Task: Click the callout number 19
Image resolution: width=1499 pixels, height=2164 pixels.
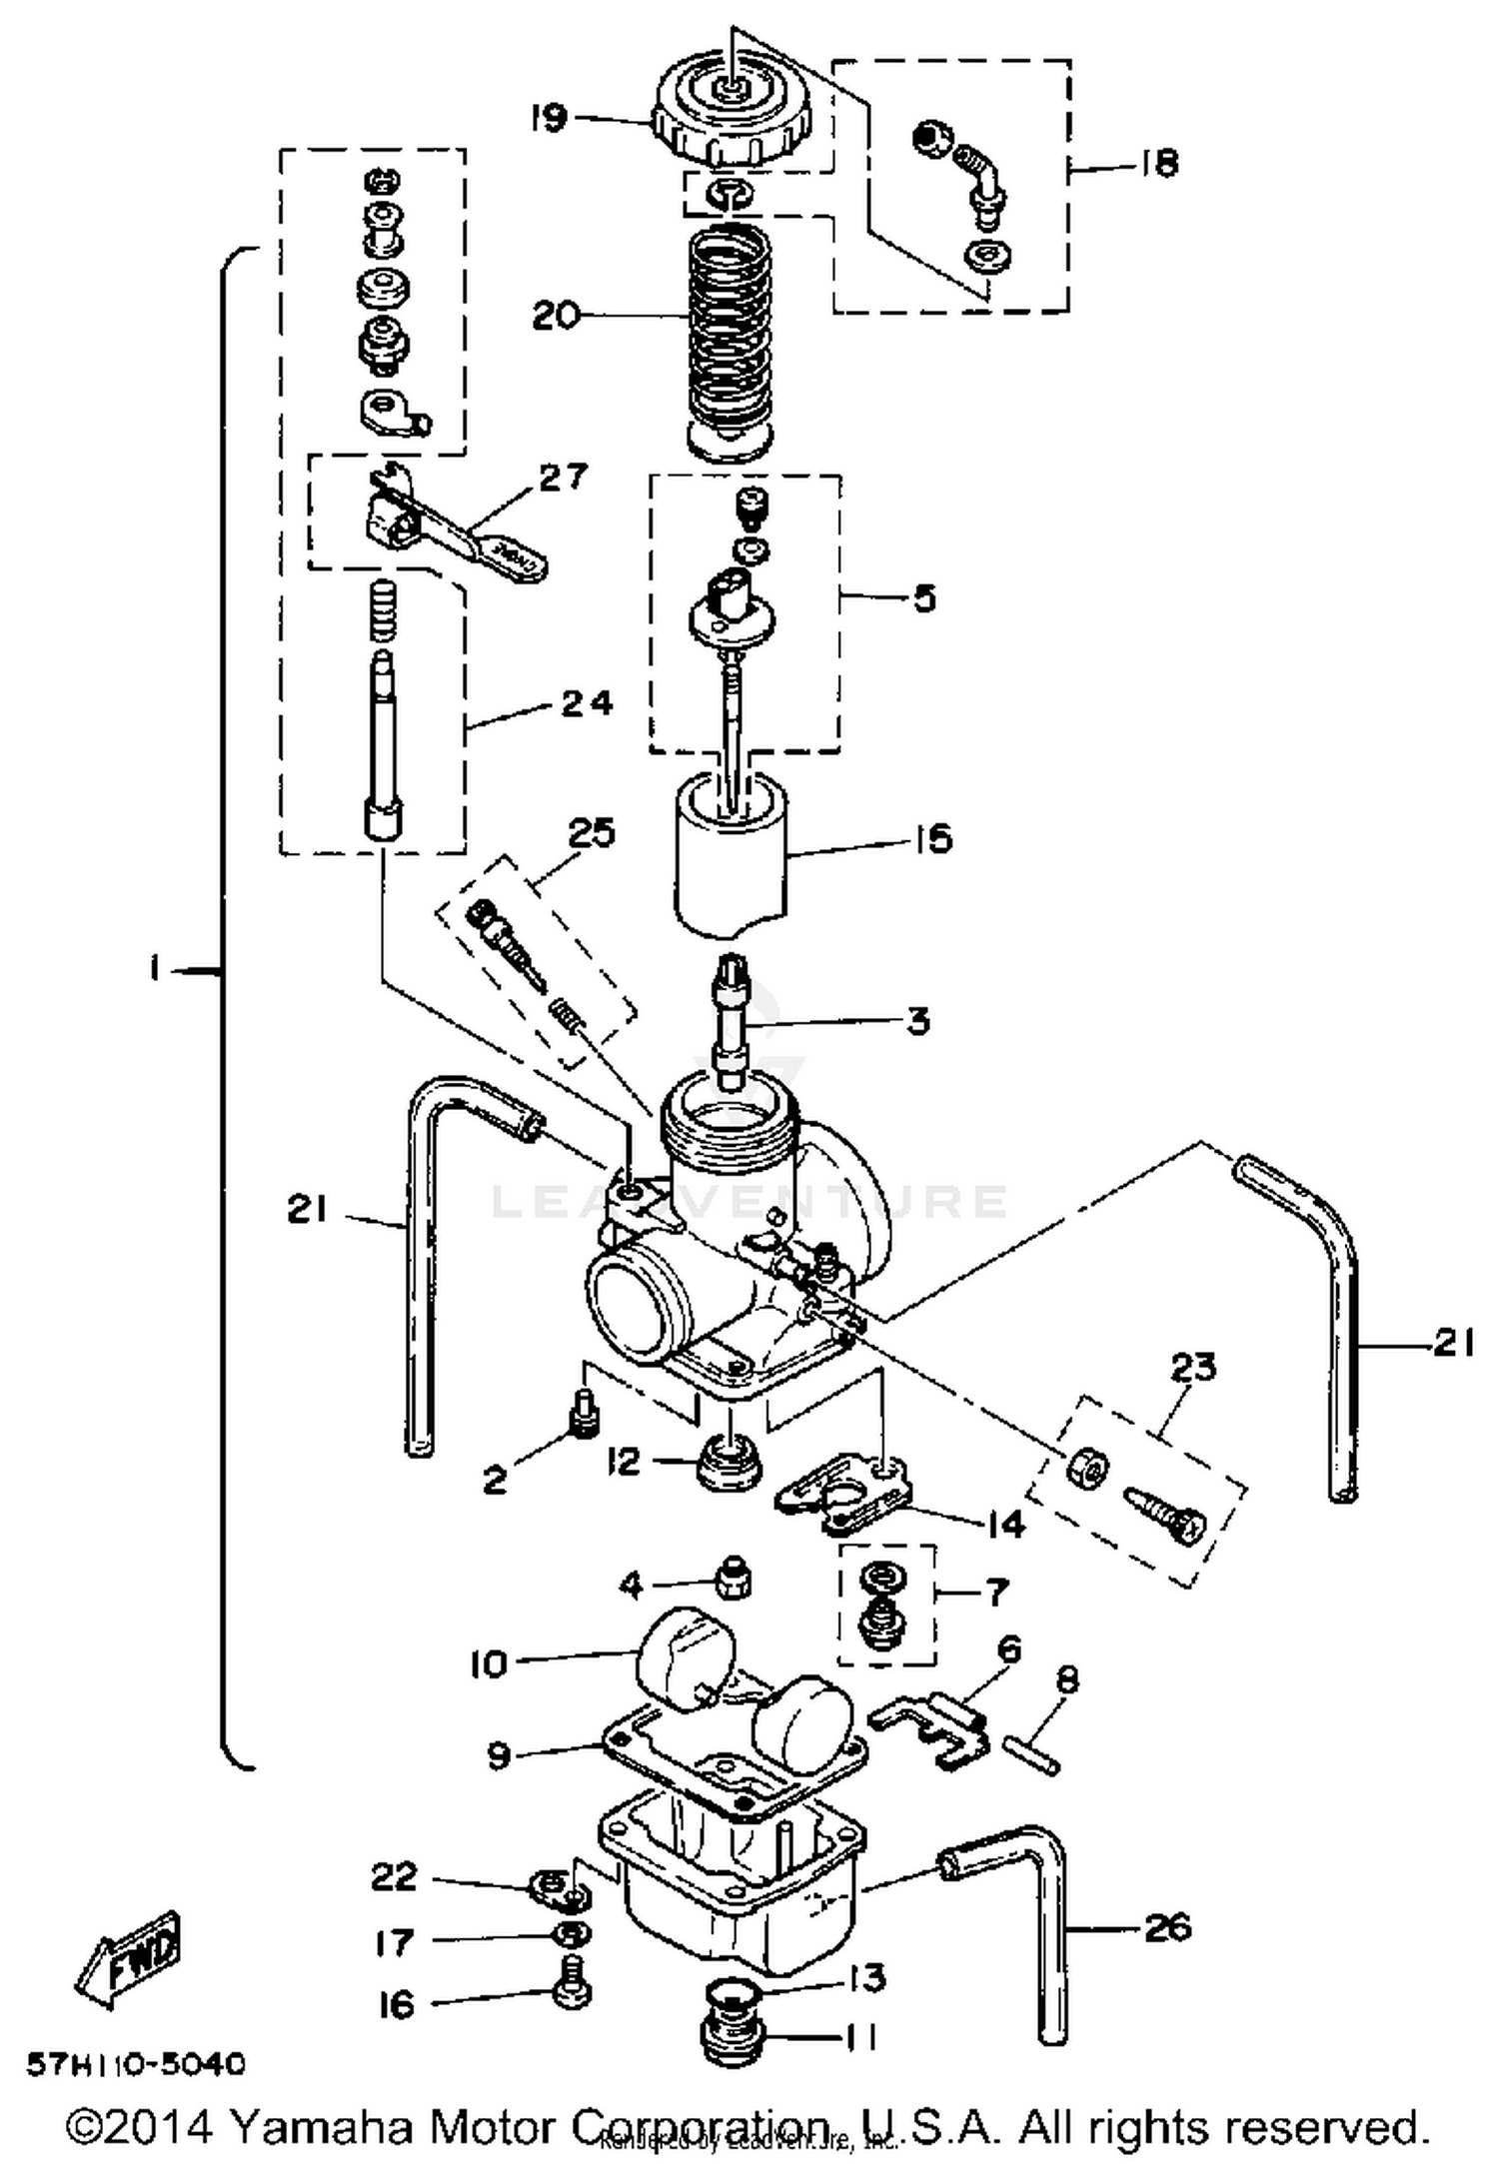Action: click(x=549, y=118)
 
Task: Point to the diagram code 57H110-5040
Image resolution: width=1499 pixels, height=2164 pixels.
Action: click(x=135, y=2064)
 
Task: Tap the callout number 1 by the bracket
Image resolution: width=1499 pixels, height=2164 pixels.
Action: click(x=155, y=968)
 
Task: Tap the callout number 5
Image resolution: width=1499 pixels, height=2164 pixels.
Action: click(x=924, y=598)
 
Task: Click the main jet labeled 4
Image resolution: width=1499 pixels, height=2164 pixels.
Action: click(x=733, y=1581)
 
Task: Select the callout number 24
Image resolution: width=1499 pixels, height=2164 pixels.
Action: click(x=586, y=704)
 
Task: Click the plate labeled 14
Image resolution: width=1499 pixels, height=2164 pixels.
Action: click(x=844, y=1496)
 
